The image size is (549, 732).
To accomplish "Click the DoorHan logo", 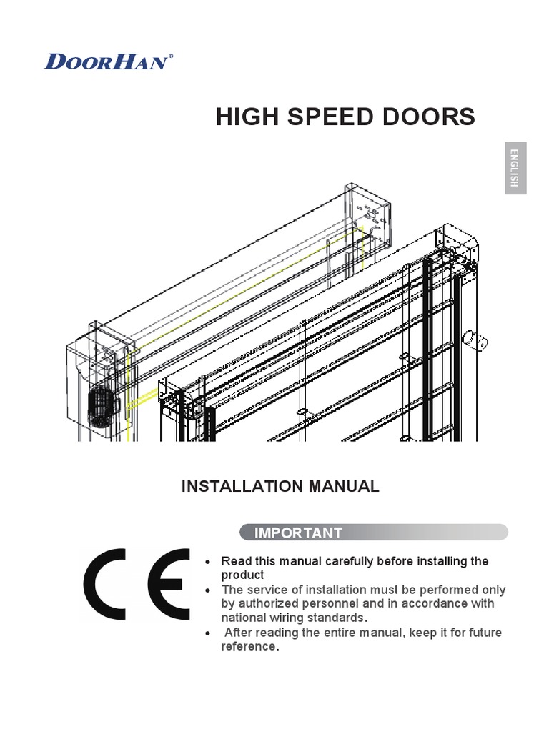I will tap(107, 61).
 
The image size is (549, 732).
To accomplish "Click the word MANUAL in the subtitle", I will tap(343, 487).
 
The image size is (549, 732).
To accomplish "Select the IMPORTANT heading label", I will tap(288, 533).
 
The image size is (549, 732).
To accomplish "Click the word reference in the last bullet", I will tap(248, 646).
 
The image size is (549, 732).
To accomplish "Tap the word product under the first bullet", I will tap(242, 575).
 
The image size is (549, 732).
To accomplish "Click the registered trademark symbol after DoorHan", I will tap(170, 54).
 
